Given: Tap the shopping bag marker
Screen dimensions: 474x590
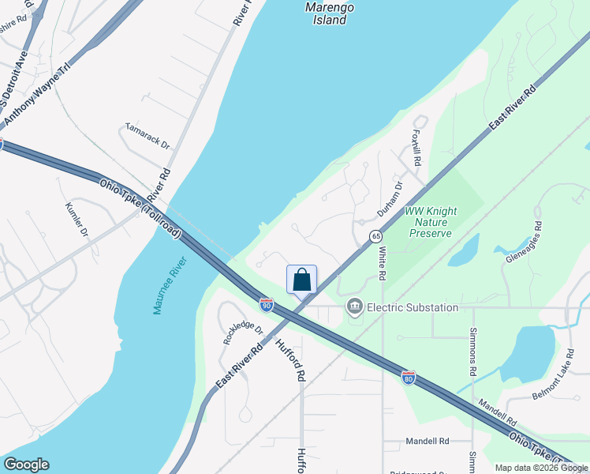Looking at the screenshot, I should (301, 280).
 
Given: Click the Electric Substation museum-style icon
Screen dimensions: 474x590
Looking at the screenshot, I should (354, 307).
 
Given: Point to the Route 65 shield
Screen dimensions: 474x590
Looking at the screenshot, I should (375, 236).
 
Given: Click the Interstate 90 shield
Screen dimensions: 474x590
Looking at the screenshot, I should (267, 304).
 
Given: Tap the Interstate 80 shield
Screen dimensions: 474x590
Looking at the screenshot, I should (408, 378).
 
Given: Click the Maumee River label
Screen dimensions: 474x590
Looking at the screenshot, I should (170, 285).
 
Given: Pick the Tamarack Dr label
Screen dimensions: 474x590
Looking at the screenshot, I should (147, 136).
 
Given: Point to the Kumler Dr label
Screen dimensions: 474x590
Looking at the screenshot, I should (77, 221).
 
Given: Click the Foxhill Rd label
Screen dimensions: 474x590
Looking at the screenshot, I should (416, 147).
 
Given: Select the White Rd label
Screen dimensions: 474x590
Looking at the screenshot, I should (382, 263).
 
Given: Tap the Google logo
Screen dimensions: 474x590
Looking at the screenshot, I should (26, 465).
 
